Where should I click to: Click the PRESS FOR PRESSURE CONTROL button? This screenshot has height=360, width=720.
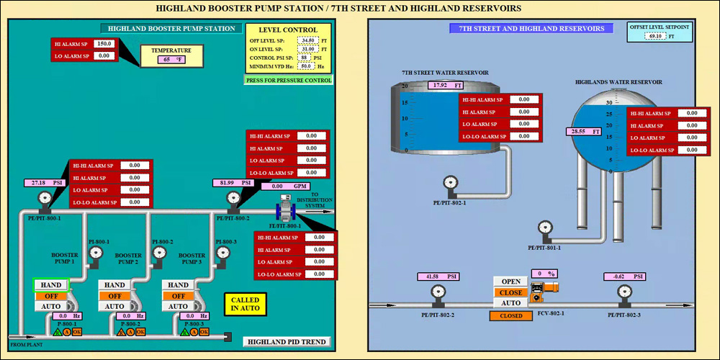click(x=289, y=81)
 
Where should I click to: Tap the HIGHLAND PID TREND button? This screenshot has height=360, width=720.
click(x=287, y=342)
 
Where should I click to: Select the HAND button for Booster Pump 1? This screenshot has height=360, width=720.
click(x=51, y=285)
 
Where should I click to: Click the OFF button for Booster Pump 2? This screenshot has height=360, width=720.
click(x=115, y=296)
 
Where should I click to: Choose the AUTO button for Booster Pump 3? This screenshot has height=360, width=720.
click(x=178, y=306)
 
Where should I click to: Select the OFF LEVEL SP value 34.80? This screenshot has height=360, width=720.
click(x=308, y=40)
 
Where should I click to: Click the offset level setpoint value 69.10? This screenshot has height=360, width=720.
click(x=655, y=36)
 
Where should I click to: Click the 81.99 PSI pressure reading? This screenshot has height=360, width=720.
click(x=233, y=183)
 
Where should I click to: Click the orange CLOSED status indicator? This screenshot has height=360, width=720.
click(x=510, y=315)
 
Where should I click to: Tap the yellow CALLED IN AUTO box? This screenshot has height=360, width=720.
click(x=246, y=304)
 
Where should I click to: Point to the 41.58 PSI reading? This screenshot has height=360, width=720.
click(x=438, y=276)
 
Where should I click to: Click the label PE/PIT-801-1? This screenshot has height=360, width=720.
click(x=544, y=248)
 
